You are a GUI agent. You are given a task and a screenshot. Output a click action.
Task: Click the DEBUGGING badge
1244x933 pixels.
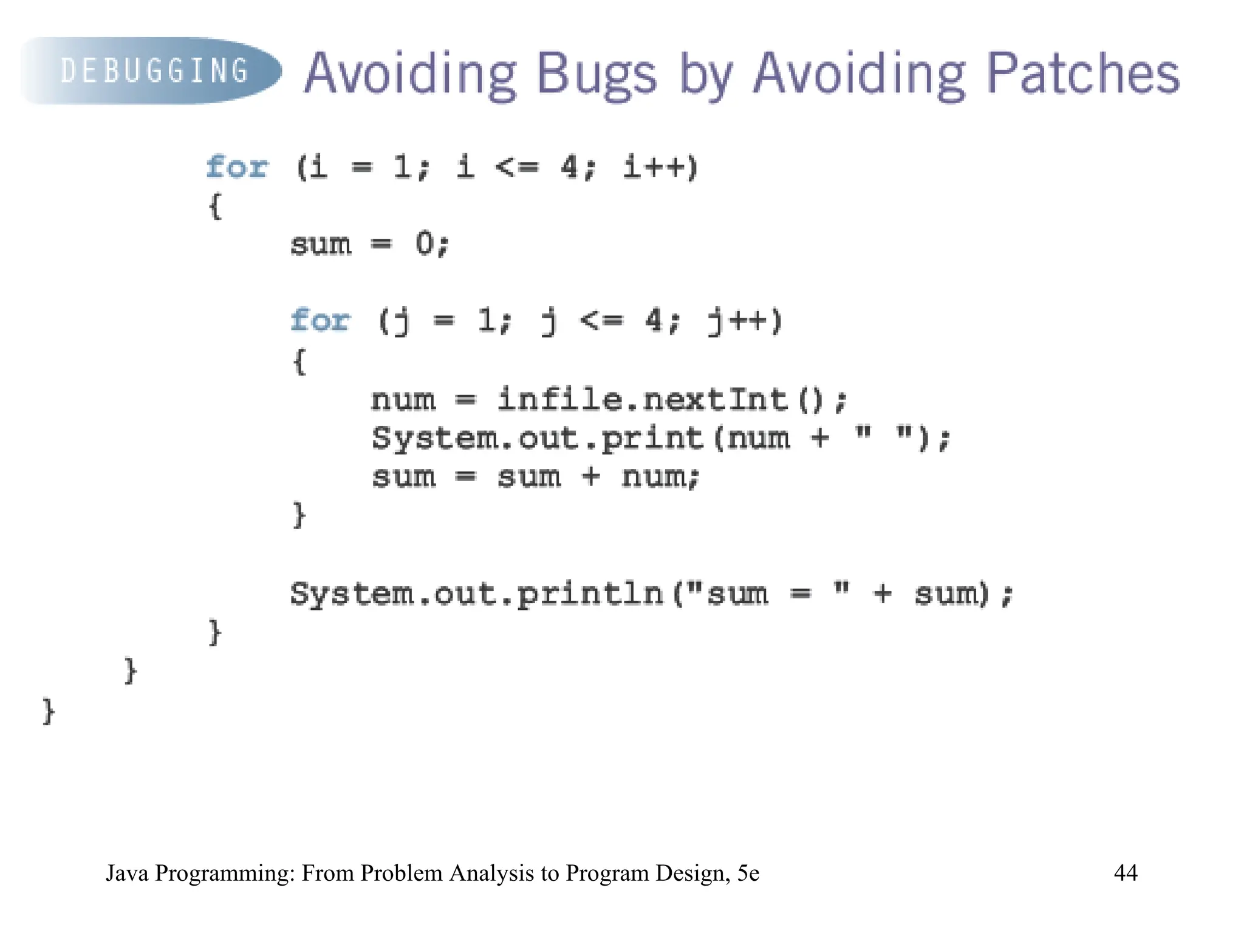pos(152,71)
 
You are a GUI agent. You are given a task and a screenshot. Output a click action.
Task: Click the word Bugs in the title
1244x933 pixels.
pos(596,74)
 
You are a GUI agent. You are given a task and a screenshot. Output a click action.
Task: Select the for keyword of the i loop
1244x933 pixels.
pos(236,167)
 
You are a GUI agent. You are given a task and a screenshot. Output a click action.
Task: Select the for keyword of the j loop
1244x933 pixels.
pos(320,320)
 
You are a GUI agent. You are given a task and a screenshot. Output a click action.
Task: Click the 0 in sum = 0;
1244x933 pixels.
pos(425,244)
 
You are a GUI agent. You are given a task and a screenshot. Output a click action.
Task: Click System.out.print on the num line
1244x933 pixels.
pos(537,438)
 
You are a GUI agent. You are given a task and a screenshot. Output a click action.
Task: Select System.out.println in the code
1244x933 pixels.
pos(476,593)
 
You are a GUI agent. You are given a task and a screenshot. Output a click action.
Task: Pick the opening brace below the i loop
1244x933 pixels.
pos(215,206)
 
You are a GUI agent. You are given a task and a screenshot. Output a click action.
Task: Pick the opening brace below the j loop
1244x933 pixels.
pos(299,361)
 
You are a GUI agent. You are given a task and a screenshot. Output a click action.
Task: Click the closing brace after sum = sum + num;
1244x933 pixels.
pos(299,515)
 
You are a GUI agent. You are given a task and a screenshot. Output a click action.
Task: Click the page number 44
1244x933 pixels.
pos(1125,873)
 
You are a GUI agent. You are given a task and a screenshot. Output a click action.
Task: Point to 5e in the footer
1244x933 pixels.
pos(748,873)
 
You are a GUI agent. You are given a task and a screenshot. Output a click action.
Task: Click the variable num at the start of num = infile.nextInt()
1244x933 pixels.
pos(403,400)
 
